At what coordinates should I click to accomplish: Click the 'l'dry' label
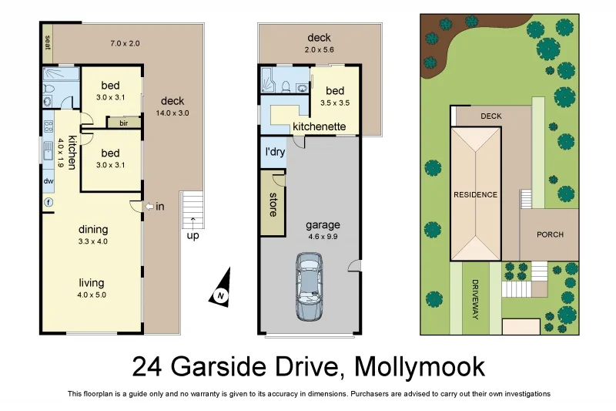[x=275, y=152]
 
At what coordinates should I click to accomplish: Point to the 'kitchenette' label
[x=319, y=126]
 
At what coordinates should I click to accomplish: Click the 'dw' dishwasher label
[x=49, y=182]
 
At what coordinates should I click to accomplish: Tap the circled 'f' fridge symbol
[x=49, y=202]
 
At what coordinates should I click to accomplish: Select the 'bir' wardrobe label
[x=122, y=122]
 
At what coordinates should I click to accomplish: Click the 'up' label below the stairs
[x=192, y=235]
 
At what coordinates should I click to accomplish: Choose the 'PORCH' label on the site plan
[x=550, y=234]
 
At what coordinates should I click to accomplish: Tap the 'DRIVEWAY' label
[x=475, y=300]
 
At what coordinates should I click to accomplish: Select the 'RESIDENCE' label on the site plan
[x=475, y=194]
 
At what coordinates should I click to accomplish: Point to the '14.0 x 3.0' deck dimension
[x=174, y=113]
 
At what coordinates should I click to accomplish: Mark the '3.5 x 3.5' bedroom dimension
[x=335, y=103]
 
